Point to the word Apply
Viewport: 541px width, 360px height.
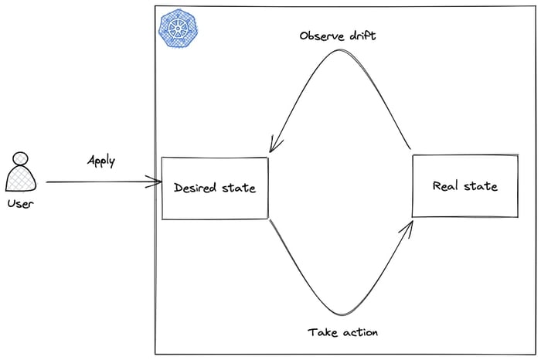tap(101, 162)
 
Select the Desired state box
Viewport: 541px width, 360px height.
tap(215, 188)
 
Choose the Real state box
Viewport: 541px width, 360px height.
tap(465, 185)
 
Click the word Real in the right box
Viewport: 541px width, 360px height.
tap(447, 185)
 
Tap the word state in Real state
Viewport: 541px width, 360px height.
tap(481, 185)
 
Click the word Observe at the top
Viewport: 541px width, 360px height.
tap(322, 36)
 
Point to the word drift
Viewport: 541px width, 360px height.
tap(362, 36)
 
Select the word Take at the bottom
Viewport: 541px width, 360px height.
tap(322, 332)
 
